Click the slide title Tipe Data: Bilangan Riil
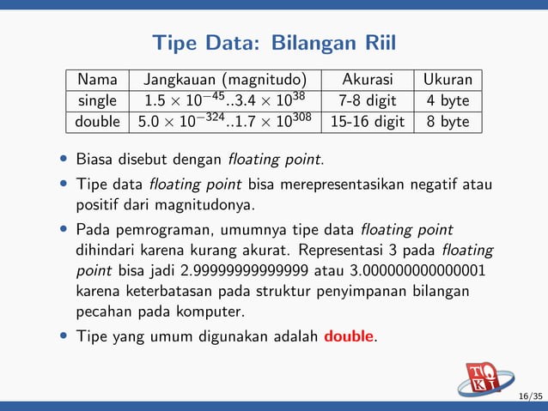[274, 42]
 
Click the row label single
[97, 101]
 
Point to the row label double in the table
[97, 122]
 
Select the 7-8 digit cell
[367, 101]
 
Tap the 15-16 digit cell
[367, 122]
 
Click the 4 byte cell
[448, 101]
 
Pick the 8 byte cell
[448, 122]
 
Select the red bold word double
[350, 335]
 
